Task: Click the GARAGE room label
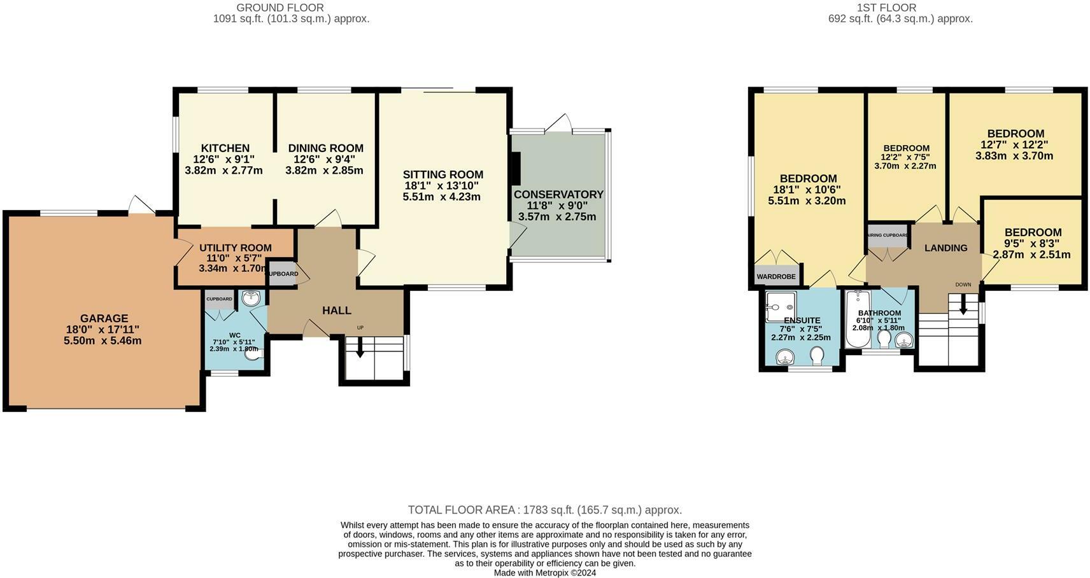104,318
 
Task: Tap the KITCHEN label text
225,148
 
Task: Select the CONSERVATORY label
558,194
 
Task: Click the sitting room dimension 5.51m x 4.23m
441,197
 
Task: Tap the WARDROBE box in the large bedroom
775,276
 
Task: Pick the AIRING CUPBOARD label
888,235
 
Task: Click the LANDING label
945,248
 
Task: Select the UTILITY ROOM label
235,248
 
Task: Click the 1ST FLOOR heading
886,8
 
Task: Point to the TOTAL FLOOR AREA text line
544,510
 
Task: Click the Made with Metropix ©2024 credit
544,573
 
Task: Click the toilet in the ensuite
817,354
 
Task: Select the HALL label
336,311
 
